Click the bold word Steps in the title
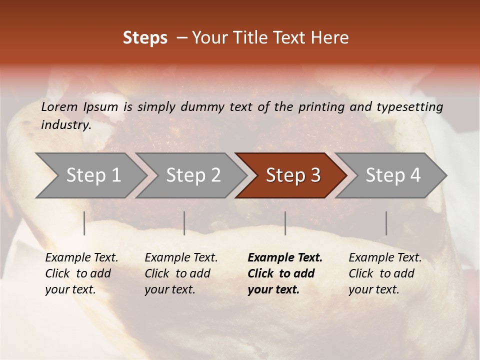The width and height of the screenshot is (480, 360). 145,38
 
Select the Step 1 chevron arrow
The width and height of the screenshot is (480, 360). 90,175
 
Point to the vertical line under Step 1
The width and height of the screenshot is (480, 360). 84,223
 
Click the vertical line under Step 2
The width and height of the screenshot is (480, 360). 184,223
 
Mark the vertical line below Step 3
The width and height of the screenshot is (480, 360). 285,223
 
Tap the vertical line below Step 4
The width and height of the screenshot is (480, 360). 386,223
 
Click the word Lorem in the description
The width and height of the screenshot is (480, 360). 59,107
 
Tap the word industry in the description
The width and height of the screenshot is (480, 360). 66,125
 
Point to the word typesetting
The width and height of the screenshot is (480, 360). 409,107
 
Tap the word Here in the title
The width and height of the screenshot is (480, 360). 332,38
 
